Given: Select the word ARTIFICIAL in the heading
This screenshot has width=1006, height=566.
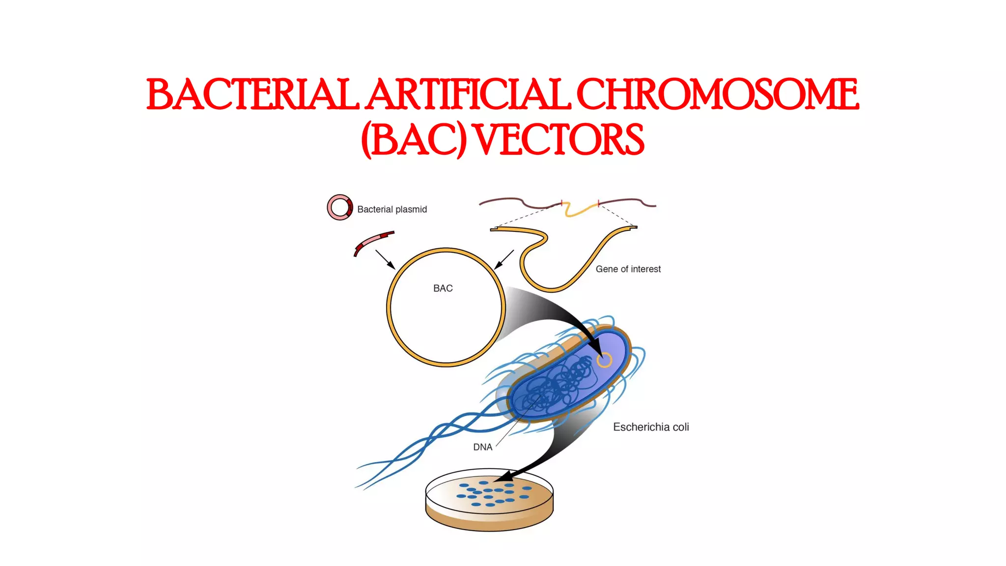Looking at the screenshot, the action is click(469, 94).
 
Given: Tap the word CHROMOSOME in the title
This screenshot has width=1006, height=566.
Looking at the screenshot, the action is click(717, 94).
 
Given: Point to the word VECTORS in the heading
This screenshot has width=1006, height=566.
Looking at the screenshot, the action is click(559, 140).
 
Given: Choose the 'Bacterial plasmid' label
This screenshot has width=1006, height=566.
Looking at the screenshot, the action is click(392, 209).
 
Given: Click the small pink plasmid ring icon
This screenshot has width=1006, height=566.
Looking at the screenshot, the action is click(339, 207).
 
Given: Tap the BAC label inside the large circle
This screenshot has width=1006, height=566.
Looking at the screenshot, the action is click(443, 288).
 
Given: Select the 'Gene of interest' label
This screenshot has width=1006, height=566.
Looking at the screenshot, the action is click(628, 269).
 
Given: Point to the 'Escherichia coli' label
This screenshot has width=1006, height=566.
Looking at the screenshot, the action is click(651, 427).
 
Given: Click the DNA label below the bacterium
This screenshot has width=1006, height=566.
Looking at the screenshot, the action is click(482, 447).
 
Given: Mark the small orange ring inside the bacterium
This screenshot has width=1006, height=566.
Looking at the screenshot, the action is click(604, 360).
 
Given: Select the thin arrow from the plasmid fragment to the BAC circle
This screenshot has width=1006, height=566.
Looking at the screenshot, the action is click(385, 259).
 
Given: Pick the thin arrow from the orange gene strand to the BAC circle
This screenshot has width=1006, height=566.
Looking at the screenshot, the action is click(504, 259).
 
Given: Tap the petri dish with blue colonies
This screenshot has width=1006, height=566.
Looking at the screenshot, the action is click(489, 501).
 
